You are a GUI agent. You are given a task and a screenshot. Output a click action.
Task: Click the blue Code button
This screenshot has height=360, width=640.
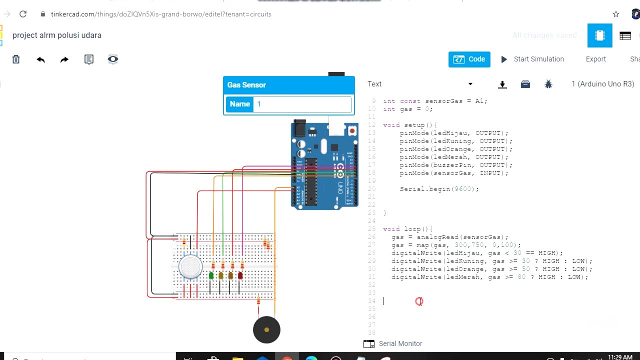pyautogui.click(x=469, y=59)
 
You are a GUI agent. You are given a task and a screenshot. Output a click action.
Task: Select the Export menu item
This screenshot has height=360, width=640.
pyautogui.click(x=595, y=59)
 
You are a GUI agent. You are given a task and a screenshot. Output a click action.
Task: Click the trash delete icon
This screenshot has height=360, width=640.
pyautogui.click(x=16, y=59)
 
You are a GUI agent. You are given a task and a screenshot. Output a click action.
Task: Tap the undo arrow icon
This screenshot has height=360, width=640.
pyautogui.click(x=40, y=59)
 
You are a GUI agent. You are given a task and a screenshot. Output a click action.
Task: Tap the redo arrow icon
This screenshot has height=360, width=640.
pyautogui.click(x=64, y=59)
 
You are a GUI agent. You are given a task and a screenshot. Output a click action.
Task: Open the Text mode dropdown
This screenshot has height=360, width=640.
pyautogui.click(x=420, y=84)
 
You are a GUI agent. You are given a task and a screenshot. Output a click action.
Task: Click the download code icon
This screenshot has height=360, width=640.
pyautogui.click(x=502, y=84)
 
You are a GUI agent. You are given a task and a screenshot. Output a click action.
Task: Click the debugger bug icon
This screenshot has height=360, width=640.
pyautogui.click(x=548, y=84)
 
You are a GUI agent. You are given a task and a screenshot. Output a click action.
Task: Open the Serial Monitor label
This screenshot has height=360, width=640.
pyautogui.click(x=400, y=343)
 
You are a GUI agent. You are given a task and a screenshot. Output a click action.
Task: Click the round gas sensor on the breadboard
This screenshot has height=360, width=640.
pyautogui.click(x=190, y=266)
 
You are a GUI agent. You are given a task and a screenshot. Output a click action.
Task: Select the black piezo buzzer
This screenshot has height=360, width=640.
pyautogui.click(x=266, y=330)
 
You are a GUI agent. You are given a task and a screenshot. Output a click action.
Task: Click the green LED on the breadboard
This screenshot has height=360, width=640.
pyautogui.click(x=211, y=275)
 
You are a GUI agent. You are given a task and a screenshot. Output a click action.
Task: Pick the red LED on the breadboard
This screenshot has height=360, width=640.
pyautogui.click(x=240, y=275)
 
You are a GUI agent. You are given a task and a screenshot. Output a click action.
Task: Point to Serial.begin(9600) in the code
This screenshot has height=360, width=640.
pyautogui.click(x=439, y=189)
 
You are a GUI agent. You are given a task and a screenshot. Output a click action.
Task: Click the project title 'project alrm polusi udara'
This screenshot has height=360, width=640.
pyautogui.click(x=57, y=35)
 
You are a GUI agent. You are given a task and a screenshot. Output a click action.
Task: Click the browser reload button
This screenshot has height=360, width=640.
pyautogui.click(x=23, y=14)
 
